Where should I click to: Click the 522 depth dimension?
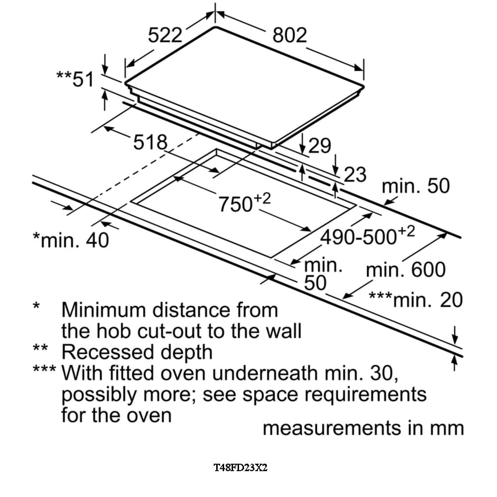click(166, 36)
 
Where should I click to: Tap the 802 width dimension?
click(290, 36)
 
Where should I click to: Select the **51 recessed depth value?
click(75, 79)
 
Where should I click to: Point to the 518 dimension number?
click(150, 143)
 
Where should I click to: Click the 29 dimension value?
click(320, 146)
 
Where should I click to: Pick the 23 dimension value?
click(355, 174)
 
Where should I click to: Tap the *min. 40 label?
click(70, 241)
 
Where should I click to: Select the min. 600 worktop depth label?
click(406, 270)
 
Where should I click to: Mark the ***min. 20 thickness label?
click(415, 300)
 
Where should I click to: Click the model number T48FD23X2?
click(241, 468)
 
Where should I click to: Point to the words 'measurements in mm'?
click(363, 428)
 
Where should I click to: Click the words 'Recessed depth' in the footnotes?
click(137, 352)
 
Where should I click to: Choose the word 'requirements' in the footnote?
click(365, 394)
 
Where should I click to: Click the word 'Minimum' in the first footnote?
click(104, 310)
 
